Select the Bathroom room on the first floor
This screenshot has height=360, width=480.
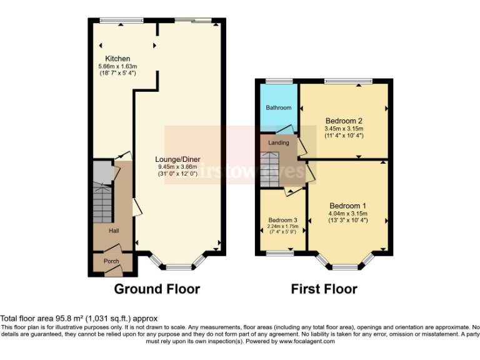(279, 107)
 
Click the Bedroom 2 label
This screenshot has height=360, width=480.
(344, 121)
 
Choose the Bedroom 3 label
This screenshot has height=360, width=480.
(282, 220)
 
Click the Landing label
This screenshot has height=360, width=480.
(278, 142)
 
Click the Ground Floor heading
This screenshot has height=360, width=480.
(157, 289)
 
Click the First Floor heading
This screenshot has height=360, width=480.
(324, 289)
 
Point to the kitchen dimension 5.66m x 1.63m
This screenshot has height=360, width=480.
(117, 66)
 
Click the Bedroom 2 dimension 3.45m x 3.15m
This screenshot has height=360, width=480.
(344, 128)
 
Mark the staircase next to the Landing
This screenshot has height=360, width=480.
(271, 169)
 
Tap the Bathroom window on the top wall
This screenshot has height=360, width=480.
(279, 81)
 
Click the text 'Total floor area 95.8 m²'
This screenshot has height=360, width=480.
(54, 319)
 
